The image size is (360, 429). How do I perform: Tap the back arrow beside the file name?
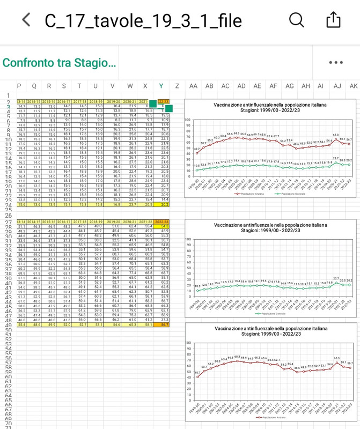pyautogui.click(x=26, y=20)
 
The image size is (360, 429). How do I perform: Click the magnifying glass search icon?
pyautogui.click(x=296, y=20)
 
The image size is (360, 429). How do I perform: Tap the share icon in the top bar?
pyautogui.click(x=333, y=20)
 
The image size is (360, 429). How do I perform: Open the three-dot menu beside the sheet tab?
pyautogui.click(x=336, y=63)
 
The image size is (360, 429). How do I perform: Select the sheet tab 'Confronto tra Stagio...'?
pyautogui.click(x=59, y=63)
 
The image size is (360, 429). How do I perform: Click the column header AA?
pyautogui.click(x=193, y=86)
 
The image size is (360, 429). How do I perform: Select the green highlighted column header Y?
pyautogui.click(x=161, y=86)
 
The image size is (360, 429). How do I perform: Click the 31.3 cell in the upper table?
pyautogui.click(x=130, y=139)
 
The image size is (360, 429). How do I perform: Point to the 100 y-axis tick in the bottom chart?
pyautogui.click(x=188, y=343)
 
